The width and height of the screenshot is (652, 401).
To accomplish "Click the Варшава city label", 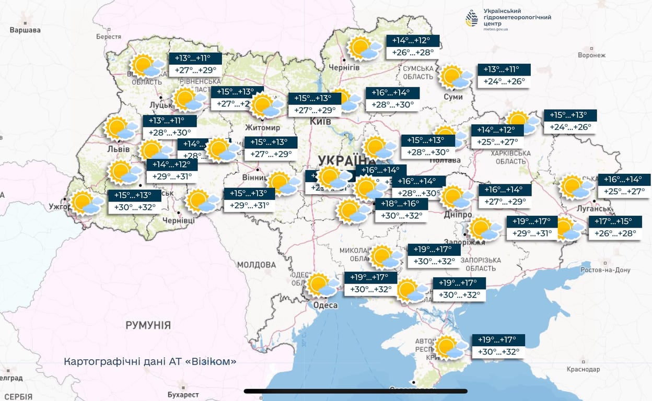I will coord(25,30).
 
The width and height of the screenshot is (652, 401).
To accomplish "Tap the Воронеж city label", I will coord(591,55).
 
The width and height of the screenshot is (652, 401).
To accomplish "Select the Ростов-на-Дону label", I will coord(606,270).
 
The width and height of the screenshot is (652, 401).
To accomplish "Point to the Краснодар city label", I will coord(583,369).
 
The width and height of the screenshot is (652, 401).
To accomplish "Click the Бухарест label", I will coord(183,394).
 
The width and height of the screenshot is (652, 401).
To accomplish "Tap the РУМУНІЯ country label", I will coord(148,325).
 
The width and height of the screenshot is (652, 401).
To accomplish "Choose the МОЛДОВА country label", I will coord(256,265).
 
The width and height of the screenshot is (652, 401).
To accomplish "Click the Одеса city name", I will coord(325,305).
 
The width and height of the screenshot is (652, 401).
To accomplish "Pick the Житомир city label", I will coord(263,127).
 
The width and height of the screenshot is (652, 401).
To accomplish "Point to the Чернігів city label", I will coord(344,67).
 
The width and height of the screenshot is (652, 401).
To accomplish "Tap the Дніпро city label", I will coord(459,215).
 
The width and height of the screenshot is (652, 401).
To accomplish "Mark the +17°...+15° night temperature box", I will coord(615,221).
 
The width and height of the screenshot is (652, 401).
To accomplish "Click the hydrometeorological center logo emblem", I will coord(472,18).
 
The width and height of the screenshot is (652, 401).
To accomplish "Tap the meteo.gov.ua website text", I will coord(496,29).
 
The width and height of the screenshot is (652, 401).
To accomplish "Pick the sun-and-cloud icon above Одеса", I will coord(322,285).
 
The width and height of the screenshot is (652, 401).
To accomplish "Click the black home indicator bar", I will coord(355,391).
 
